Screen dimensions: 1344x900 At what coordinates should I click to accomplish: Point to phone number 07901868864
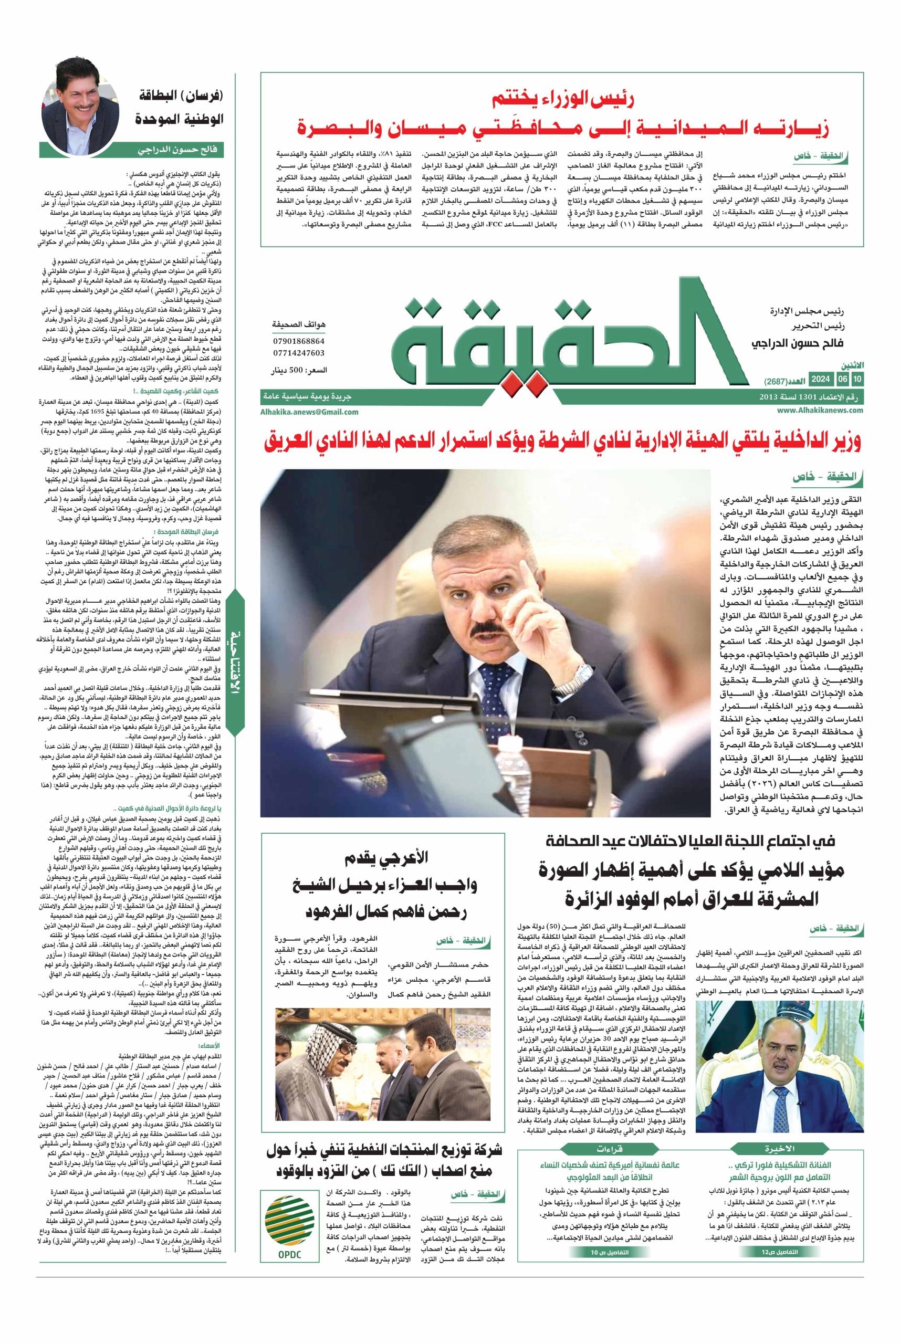pos(298,341)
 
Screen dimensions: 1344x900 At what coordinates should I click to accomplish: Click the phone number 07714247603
pos(298,353)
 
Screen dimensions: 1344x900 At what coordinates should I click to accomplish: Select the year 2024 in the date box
pos(821,380)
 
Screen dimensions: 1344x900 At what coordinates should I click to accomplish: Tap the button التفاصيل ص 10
pos(592,1218)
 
